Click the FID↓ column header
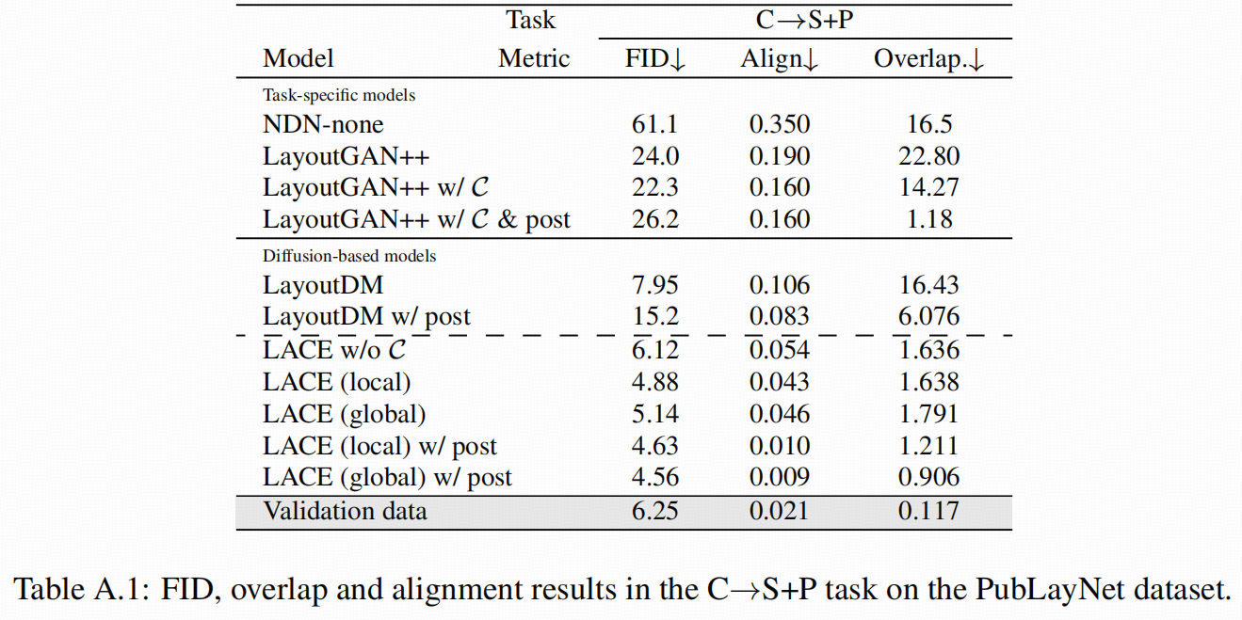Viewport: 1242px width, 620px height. tap(655, 58)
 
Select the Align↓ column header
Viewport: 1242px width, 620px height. tap(779, 58)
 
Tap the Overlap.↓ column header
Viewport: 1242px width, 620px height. tap(928, 58)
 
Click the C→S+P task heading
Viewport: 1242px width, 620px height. tap(804, 19)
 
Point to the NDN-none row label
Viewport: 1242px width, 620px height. tap(323, 124)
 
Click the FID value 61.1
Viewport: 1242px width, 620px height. tap(655, 124)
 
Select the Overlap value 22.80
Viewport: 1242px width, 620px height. tap(928, 156)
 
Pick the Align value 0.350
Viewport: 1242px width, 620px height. tap(779, 124)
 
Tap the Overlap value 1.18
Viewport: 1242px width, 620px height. tap(928, 219)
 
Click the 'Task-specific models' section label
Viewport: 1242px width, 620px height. tap(339, 95)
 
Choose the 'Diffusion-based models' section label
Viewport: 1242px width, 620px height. tap(349, 255)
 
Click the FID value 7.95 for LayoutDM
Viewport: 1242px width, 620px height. tap(655, 285)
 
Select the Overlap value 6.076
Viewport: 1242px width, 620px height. tap(928, 317)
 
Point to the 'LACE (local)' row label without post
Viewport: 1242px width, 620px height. tap(336, 382)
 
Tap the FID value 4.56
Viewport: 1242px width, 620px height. tap(655, 477)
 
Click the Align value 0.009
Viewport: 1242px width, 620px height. tap(779, 477)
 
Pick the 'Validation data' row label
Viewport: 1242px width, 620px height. tap(345, 511)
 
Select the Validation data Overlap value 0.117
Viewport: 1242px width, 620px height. tap(928, 511)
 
